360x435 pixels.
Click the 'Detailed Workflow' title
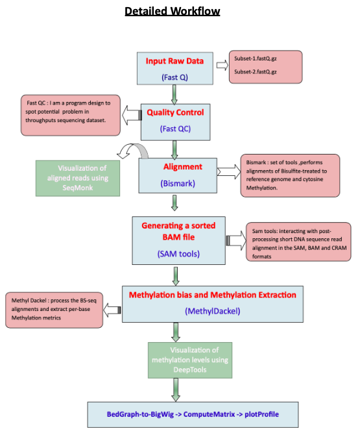tap(172, 12)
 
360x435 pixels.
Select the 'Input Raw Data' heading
tap(174, 61)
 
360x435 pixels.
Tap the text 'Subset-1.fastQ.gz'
tap(255, 58)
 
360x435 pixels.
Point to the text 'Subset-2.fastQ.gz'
tap(255, 72)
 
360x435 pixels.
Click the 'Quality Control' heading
tap(175, 112)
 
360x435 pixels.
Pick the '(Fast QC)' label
tap(175, 129)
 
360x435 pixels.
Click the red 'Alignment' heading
tap(183, 167)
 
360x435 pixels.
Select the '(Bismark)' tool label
tap(178, 183)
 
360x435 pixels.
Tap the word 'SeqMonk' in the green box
tap(78, 188)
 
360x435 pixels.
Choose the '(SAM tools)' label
tap(178, 254)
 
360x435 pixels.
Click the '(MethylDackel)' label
tap(213, 311)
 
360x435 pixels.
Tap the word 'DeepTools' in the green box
tap(190, 370)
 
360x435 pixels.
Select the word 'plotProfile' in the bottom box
tap(261, 414)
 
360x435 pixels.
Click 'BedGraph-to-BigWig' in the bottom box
tap(140, 414)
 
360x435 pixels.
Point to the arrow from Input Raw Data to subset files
tap(222, 66)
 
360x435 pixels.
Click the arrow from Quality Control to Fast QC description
tap(132, 115)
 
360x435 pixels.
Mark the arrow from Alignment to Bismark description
tap(229, 171)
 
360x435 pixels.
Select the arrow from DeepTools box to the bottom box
tap(176, 390)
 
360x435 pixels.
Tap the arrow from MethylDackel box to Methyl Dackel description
tap(112, 310)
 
